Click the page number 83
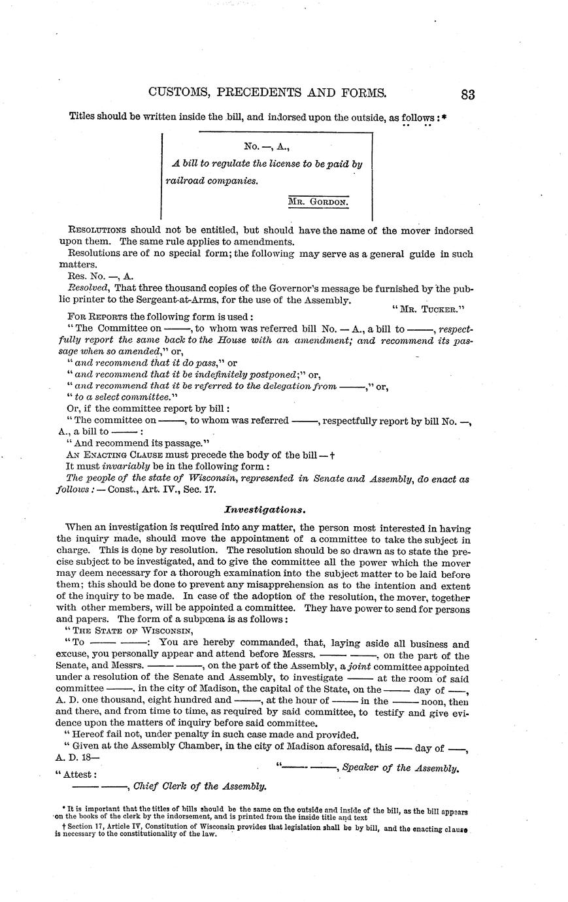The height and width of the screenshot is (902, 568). tap(467, 93)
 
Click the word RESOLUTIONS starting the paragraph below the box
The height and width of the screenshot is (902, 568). tap(97, 230)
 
